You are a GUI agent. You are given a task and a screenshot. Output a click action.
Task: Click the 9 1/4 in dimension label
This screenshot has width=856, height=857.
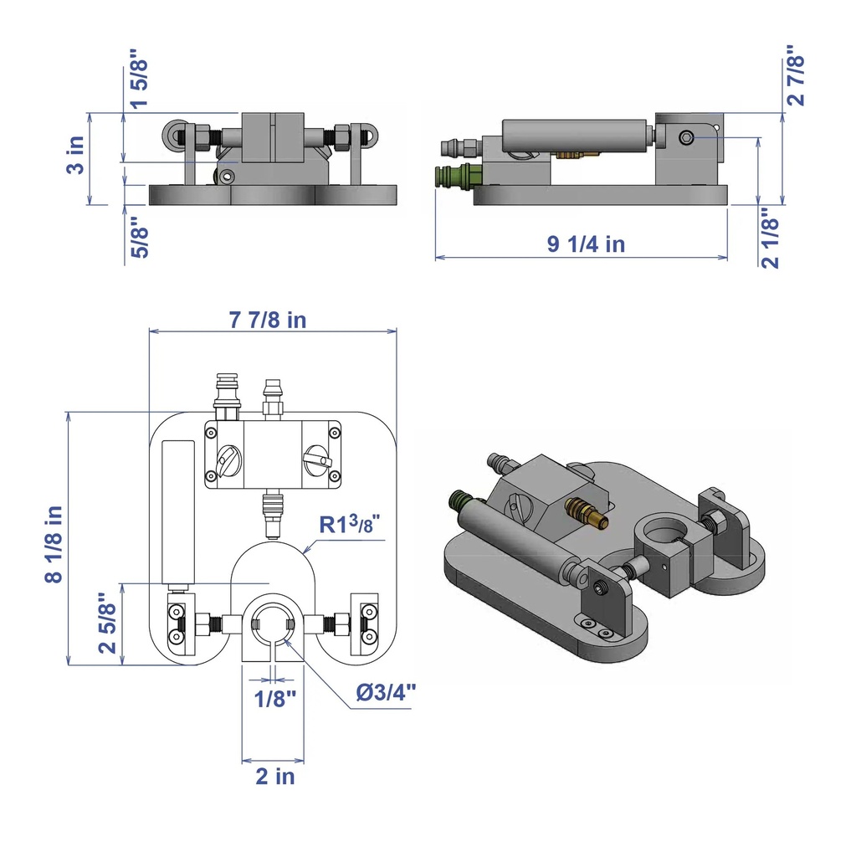[586, 244]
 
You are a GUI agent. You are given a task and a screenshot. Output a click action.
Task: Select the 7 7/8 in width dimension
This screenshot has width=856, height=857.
[267, 320]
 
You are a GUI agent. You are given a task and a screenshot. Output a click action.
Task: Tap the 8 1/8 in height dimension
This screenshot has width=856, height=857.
[54, 544]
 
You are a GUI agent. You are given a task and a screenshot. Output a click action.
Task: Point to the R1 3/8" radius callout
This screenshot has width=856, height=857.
[349, 524]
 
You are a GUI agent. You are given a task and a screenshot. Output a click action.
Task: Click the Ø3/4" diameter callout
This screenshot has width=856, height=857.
[386, 692]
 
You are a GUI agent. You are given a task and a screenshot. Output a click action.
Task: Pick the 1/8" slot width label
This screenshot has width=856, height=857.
[275, 699]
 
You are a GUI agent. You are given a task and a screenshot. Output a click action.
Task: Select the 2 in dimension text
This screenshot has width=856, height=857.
[275, 776]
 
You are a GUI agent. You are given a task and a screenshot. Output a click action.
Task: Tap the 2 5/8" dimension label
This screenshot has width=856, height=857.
[108, 623]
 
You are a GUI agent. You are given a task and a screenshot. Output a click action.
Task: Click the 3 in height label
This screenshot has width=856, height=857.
[75, 155]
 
